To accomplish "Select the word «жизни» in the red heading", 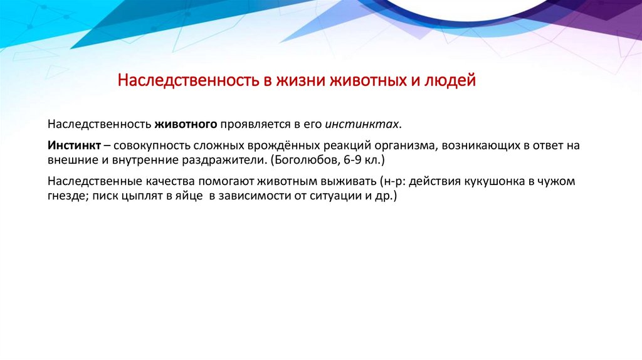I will coord(293,81).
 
